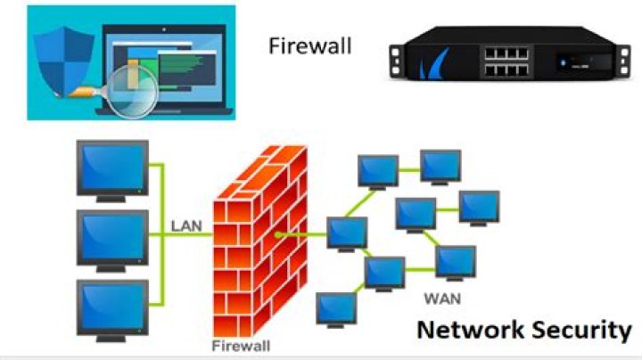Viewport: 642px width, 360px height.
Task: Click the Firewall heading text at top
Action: (310, 45)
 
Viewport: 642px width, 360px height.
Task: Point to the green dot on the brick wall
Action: (279, 234)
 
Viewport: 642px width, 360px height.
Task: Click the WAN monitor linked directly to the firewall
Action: (346, 232)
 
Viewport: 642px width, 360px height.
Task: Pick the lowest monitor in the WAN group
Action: (336, 307)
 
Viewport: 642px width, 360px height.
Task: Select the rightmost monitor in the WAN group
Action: (479, 206)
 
